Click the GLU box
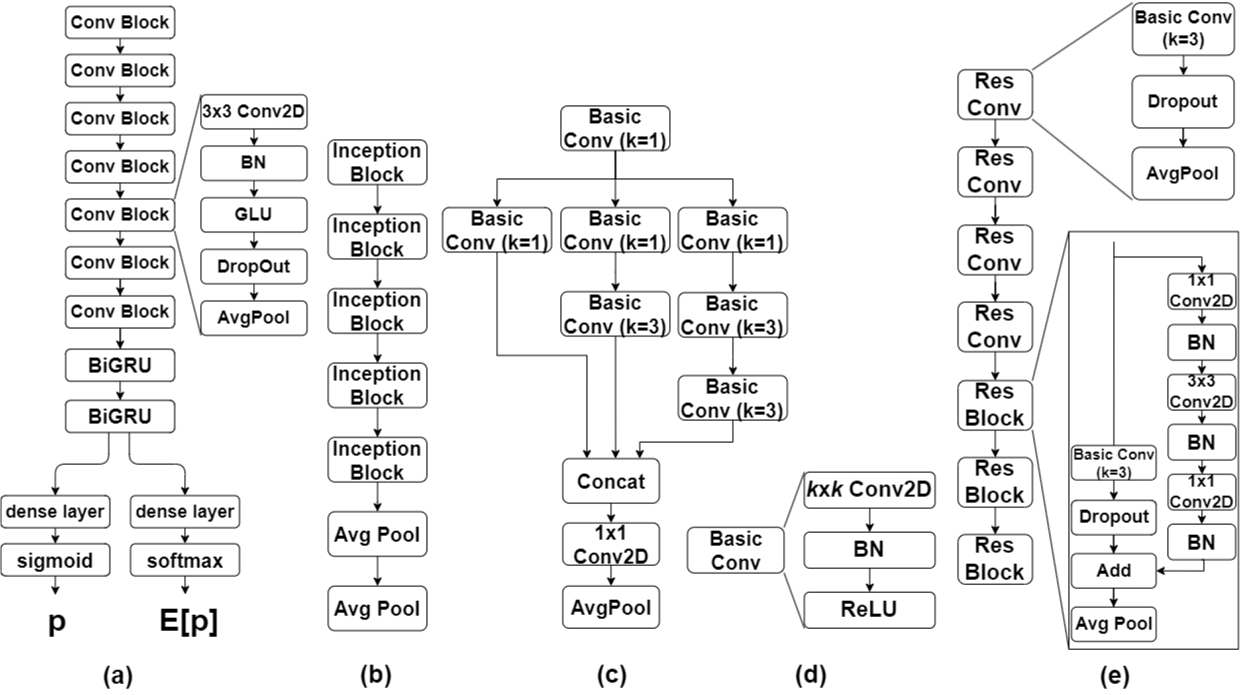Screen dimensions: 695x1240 pyautogui.click(x=254, y=214)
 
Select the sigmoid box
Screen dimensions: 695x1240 pyautogui.click(x=55, y=561)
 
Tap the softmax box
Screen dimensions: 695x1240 pyautogui.click(x=185, y=561)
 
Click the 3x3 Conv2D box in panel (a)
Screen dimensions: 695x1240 pyautogui.click(x=254, y=111)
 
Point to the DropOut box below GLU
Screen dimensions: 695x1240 pyautogui.click(x=254, y=266)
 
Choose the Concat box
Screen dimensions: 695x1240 pyautogui.click(x=611, y=481)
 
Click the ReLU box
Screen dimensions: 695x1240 pyautogui.click(x=869, y=610)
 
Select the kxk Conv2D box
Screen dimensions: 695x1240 pyautogui.click(x=869, y=490)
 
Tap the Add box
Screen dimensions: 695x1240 pyautogui.click(x=1113, y=570)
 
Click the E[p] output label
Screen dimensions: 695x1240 pyautogui.click(x=189, y=621)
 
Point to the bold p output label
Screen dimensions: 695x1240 pyautogui.click(x=57, y=622)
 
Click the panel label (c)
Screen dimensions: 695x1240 pyautogui.click(x=611, y=676)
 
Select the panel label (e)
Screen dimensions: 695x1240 pyautogui.click(x=1114, y=676)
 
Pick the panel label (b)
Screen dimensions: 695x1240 pyautogui.click(x=376, y=676)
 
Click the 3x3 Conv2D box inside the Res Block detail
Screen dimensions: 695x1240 pyautogui.click(x=1201, y=392)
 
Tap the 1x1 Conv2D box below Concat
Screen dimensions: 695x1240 pyautogui.click(x=611, y=544)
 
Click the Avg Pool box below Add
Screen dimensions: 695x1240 pyautogui.click(x=1113, y=623)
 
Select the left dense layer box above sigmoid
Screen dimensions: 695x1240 pyautogui.click(x=55, y=511)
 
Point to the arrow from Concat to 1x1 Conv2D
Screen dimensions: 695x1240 pyautogui.click(x=611, y=513)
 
